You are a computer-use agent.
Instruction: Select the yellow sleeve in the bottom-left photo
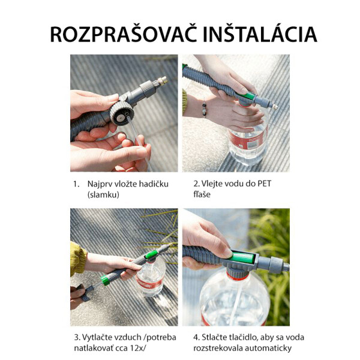(77, 257)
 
